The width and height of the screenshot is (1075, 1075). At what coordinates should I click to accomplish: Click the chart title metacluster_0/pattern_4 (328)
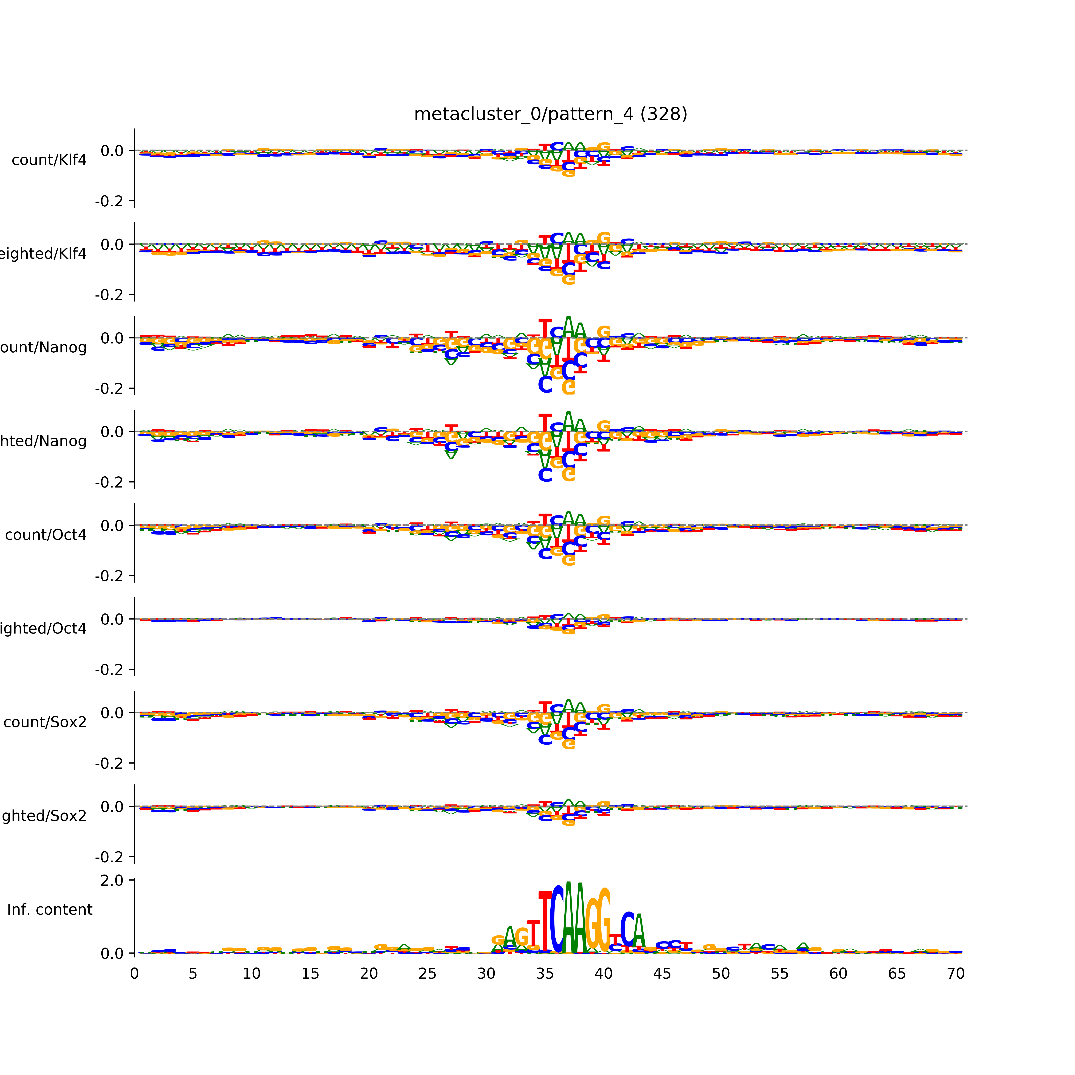point(550,114)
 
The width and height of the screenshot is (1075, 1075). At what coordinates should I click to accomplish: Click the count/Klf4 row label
point(49,160)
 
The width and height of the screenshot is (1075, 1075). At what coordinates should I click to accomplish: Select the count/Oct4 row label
point(46,535)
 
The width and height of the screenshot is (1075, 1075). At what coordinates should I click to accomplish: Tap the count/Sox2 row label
point(45,722)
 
